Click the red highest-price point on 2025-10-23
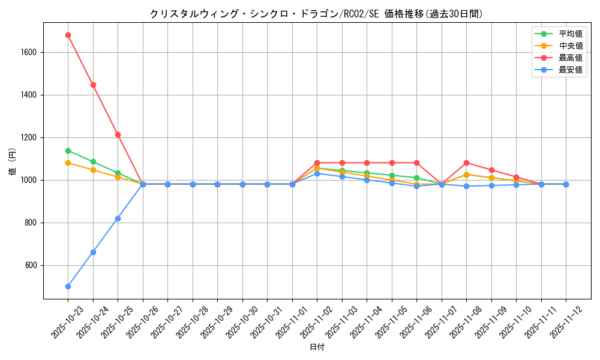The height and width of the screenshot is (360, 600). tap(68, 35)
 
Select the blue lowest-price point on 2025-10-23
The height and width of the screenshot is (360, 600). tap(68, 286)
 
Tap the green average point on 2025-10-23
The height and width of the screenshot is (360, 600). tap(68, 151)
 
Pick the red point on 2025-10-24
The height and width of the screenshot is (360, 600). tap(93, 85)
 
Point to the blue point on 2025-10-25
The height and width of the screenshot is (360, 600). tap(118, 218)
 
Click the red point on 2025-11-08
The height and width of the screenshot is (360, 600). tap(466, 163)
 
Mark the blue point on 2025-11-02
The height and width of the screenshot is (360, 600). tap(317, 173)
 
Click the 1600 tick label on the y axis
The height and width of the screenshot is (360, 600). tap(28, 53)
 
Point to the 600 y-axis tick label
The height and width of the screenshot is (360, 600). tap(31, 265)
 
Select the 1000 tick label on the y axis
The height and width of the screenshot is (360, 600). tap(28, 180)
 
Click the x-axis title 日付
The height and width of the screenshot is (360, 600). tap(317, 347)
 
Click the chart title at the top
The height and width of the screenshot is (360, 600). tap(316, 14)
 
